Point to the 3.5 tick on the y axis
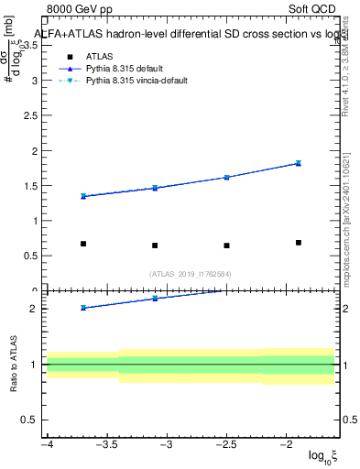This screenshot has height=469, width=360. [x=34, y=45]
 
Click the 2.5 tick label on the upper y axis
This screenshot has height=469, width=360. [x=34, y=115]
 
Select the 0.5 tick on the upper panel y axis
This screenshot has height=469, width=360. [x=34, y=256]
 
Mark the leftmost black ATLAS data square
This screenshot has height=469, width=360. [x=83, y=244]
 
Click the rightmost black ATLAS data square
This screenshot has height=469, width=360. [x=299, y=243]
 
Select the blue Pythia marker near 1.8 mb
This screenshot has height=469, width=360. [x=299, y=163]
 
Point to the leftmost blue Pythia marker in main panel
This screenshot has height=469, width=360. [x=83, y=196]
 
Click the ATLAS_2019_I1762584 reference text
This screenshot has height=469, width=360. [x=191, y=273]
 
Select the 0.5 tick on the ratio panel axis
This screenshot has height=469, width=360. [x=34, y=420]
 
